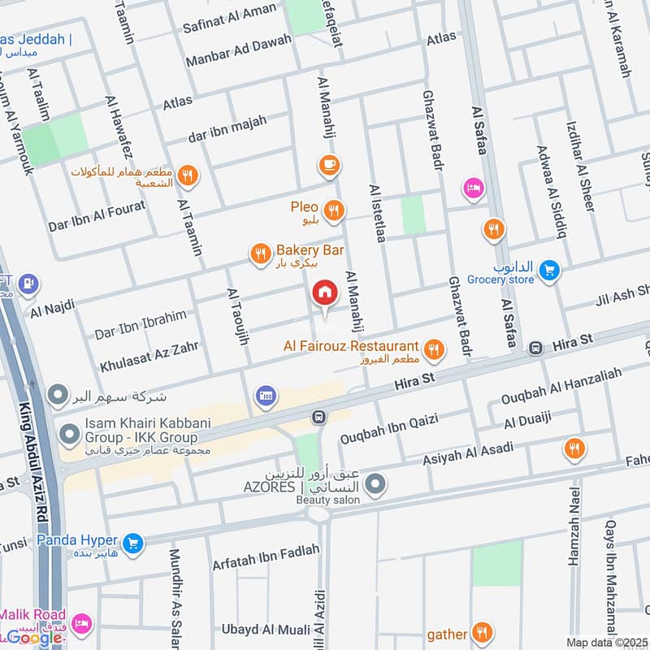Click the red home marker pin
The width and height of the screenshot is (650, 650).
[x=324, y=292]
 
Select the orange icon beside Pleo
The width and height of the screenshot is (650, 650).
[x=333, y=212]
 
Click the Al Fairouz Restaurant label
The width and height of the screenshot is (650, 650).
[x=351, y=346]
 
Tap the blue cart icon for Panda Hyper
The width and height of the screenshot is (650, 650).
[x=133, y=543]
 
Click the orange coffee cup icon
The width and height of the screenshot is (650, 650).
[x=329, y=165]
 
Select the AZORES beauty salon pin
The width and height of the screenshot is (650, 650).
[x=375, y=486]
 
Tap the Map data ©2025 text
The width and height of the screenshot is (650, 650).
[x=606, y=642]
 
